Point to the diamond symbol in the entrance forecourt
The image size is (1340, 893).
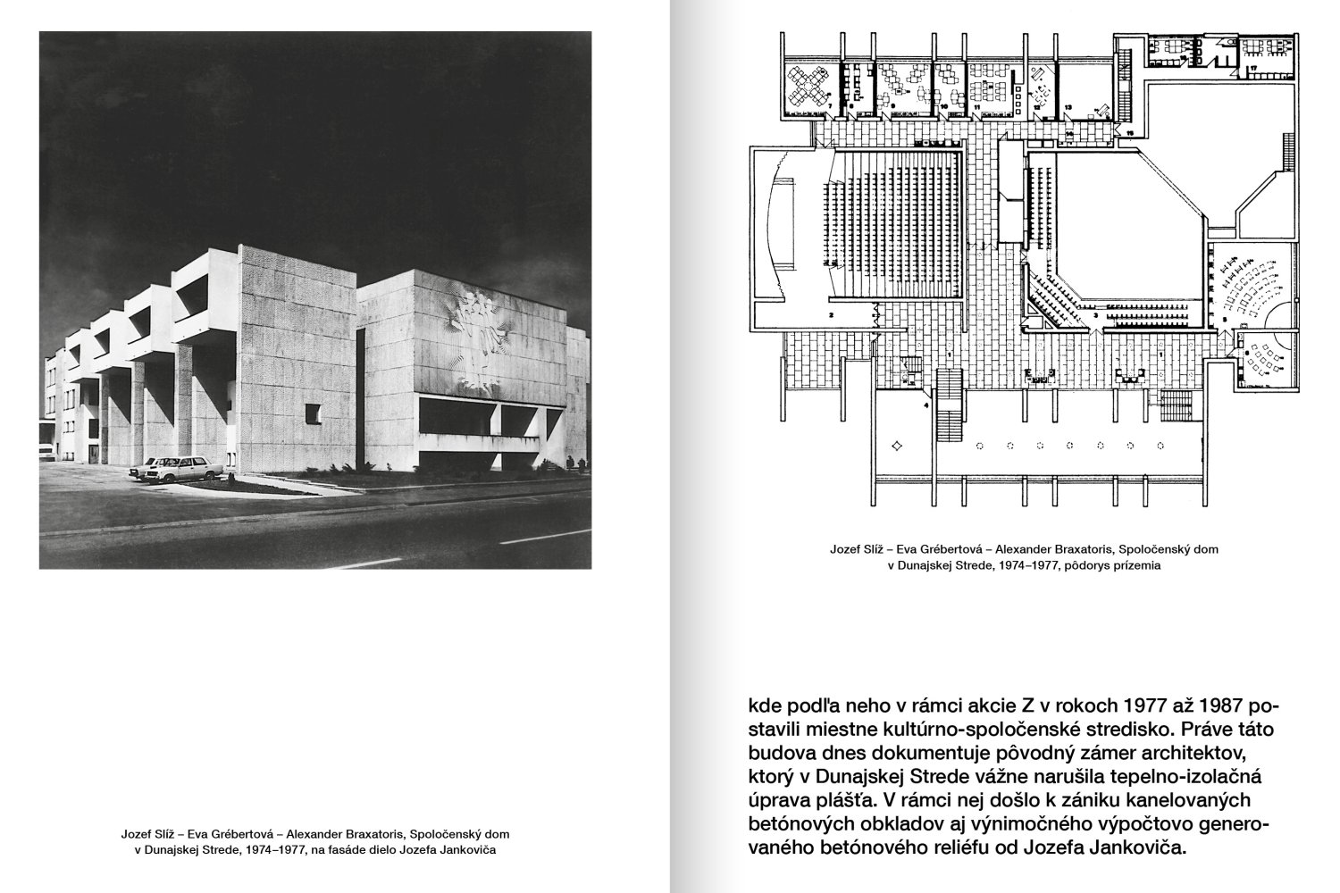(898, 444)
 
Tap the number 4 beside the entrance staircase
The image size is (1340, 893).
(925, 405)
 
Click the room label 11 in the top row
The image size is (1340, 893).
(977, 104)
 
